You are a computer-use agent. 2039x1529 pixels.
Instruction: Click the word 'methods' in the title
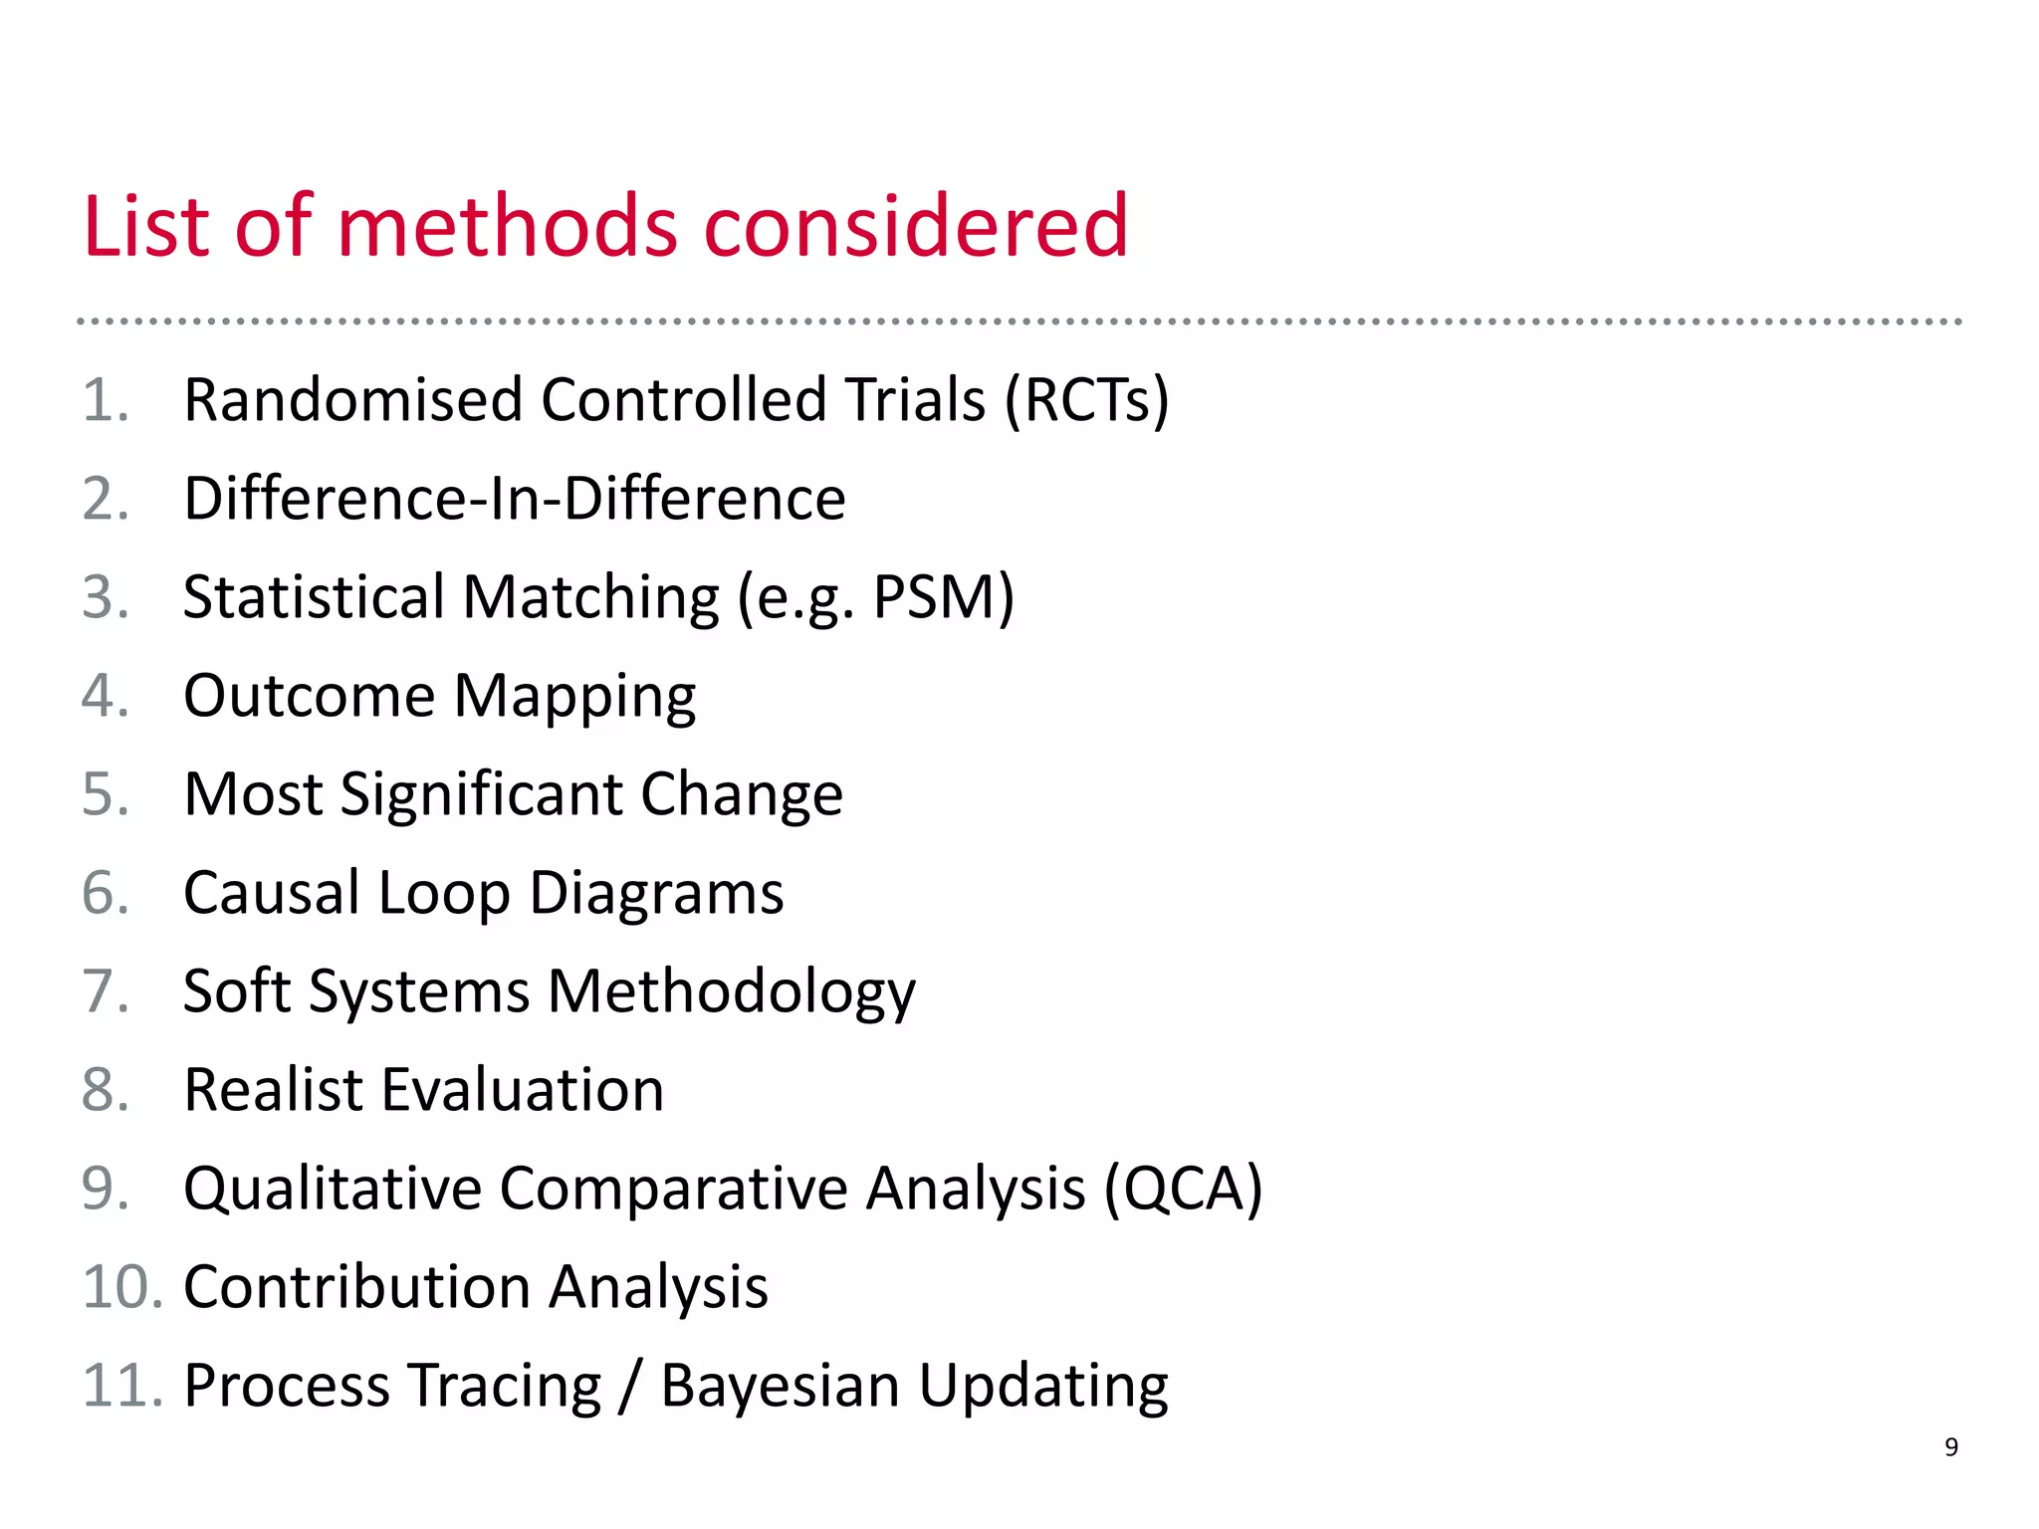509,227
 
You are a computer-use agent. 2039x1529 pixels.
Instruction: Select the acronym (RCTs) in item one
1086,400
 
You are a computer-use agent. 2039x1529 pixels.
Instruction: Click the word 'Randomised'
353,400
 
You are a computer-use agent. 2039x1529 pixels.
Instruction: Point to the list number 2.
105,499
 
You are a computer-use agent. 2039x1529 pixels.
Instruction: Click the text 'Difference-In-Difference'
515,499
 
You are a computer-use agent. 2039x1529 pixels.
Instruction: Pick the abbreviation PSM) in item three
943,597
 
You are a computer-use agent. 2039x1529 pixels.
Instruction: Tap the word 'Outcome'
310,696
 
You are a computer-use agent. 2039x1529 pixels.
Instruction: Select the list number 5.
105,794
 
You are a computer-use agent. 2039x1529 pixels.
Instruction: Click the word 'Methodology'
732,991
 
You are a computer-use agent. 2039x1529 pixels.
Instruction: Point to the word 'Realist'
274,1090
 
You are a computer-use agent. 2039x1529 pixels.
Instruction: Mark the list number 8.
105,1090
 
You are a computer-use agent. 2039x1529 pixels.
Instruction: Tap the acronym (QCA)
1183,1189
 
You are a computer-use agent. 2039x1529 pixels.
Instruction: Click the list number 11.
119,1386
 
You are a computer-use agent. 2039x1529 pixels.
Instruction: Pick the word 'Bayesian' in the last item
780,1386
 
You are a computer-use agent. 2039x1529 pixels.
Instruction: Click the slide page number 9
1950,1447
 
